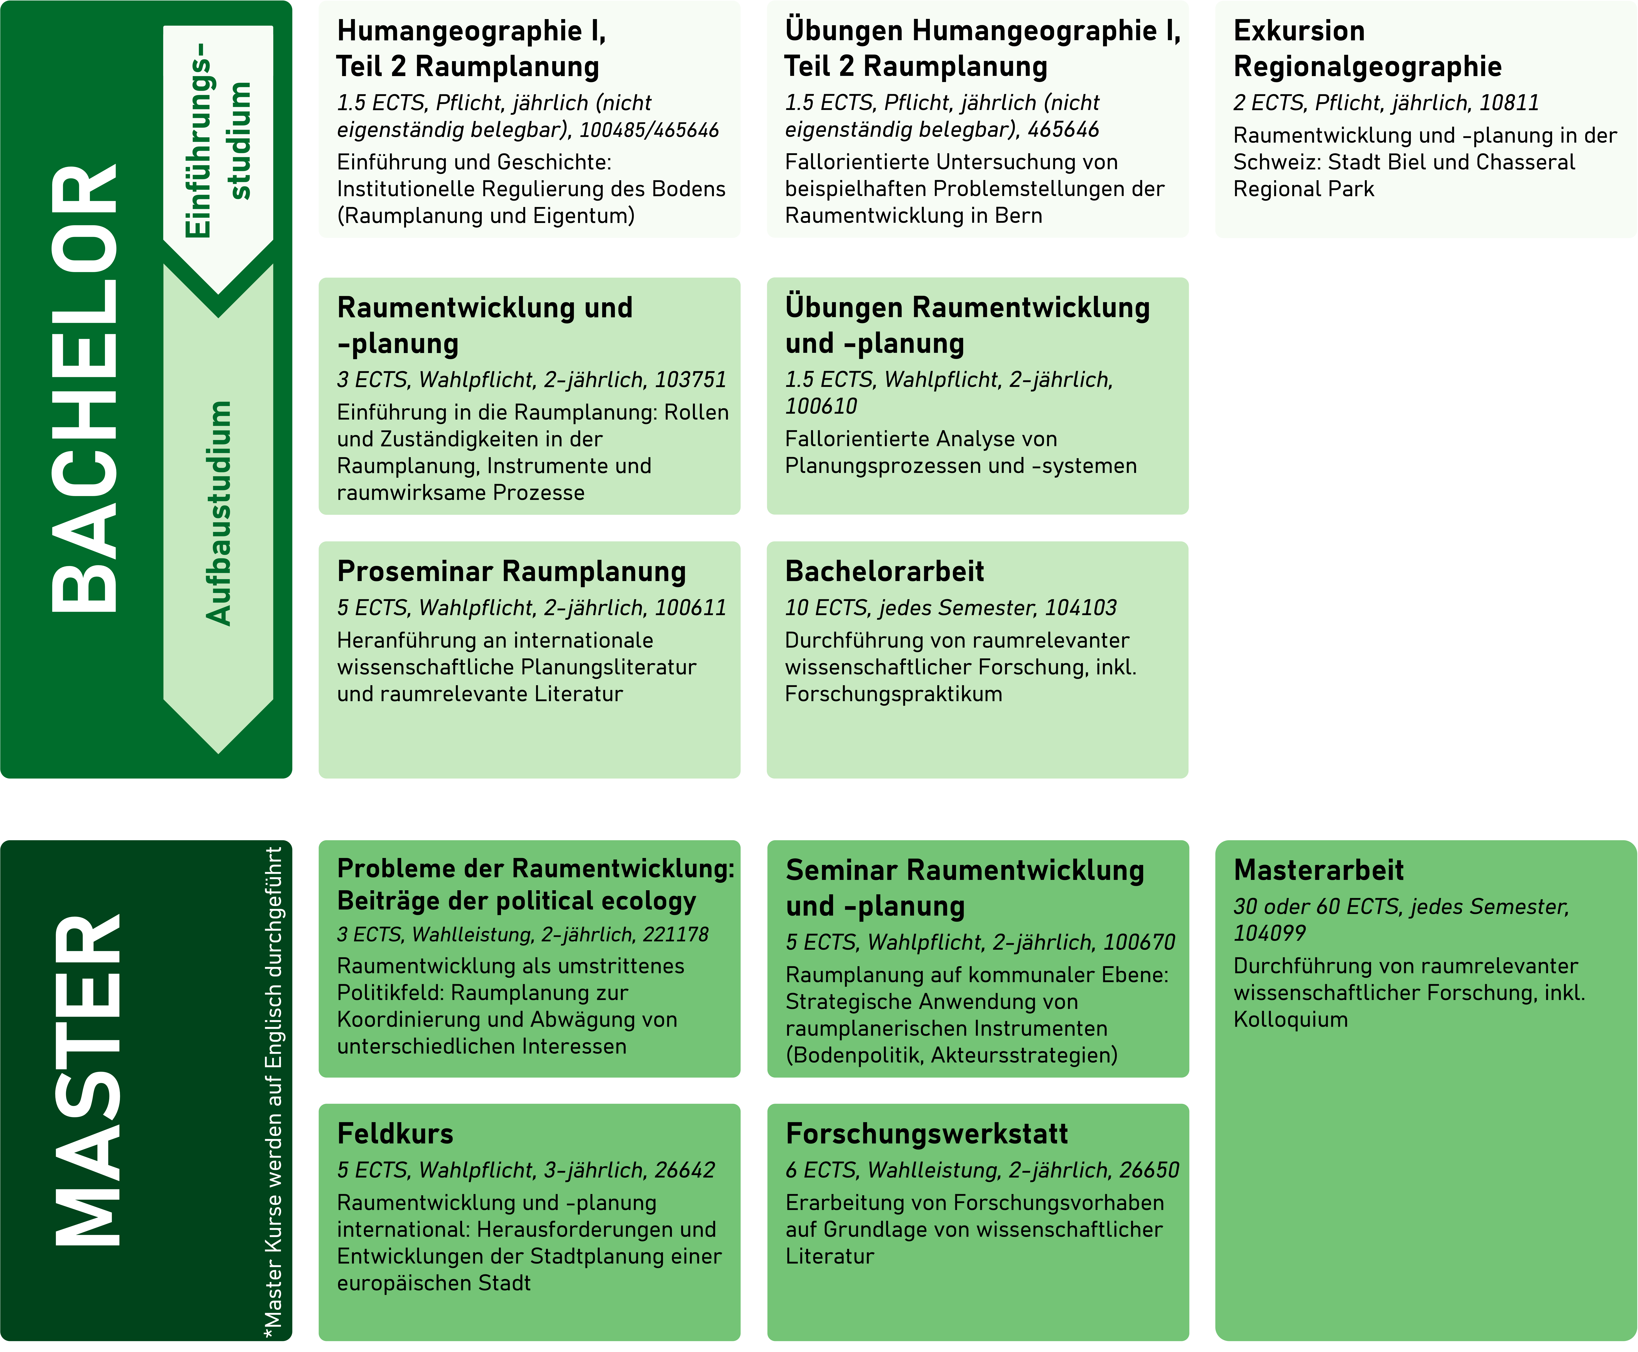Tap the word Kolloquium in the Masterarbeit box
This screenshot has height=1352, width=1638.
[x=1291, y=1019]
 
